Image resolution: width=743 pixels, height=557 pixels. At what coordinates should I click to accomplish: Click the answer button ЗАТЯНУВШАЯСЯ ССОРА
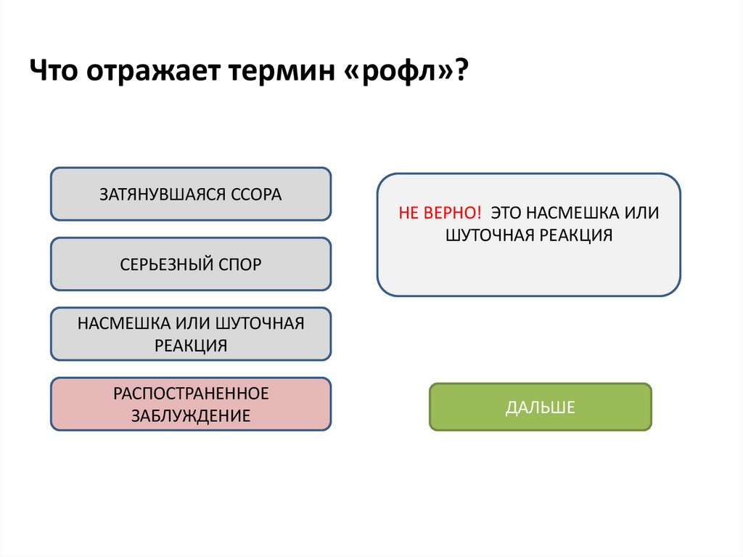pos(190,194)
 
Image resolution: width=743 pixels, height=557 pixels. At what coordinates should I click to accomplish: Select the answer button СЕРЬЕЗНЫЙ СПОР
pos(190,264)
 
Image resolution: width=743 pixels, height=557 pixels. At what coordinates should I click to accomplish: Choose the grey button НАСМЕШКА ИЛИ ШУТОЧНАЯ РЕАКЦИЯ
pos(190,334)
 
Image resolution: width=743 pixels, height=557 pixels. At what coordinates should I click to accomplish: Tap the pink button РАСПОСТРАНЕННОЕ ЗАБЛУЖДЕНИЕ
pos(190,404)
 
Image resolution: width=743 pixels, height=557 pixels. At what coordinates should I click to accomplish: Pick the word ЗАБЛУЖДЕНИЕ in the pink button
pos(191,416)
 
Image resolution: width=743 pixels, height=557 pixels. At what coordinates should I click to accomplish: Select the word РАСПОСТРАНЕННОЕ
pos(191,393)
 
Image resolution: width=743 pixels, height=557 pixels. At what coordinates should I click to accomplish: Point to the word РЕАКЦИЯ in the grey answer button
pos(191,346)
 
